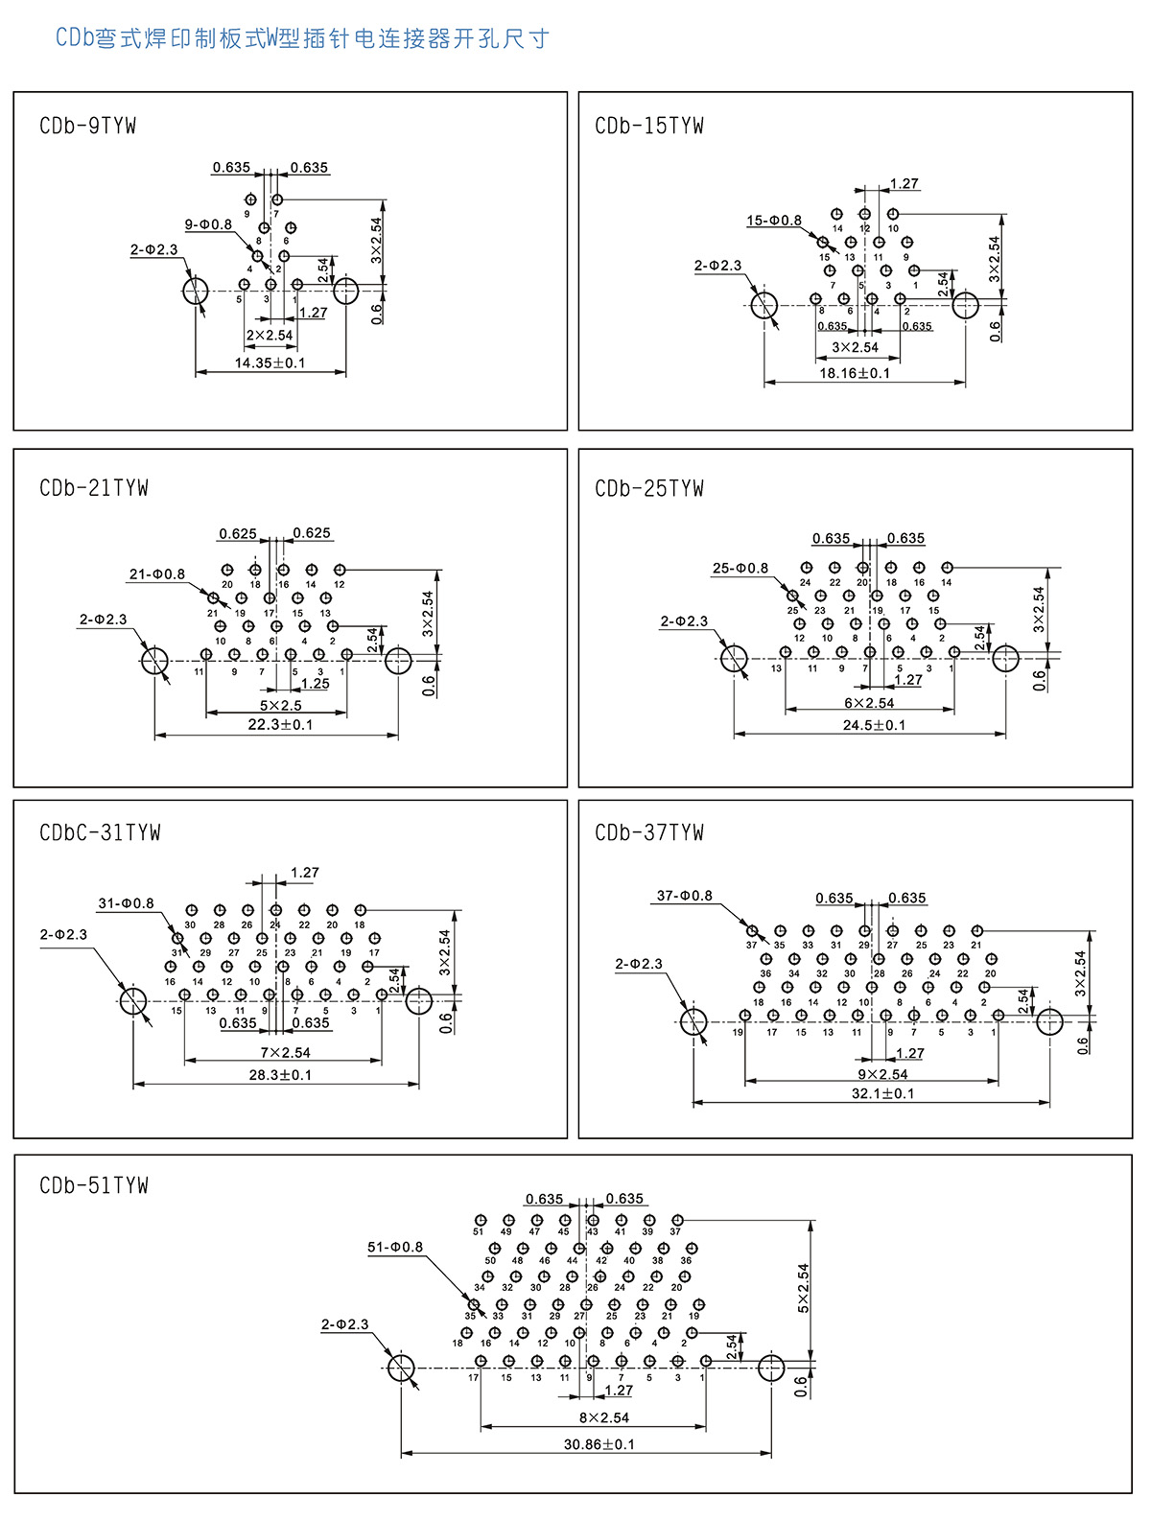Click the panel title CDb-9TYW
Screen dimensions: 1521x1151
pos(88,126)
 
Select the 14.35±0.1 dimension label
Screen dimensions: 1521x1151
pos(270,363)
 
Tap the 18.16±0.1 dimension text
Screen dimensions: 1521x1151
pos(855,373)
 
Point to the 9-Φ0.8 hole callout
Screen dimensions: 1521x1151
pos(208,224)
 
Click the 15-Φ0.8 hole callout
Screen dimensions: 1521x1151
pos(774,221)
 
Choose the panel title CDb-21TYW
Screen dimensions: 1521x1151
pos(94,488)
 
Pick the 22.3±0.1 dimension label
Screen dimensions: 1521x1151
pos(280,724)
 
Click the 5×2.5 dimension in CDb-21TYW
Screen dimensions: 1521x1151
pos(280,705)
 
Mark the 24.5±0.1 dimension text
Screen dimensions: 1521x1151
pos(874,725)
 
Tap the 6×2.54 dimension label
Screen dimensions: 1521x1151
pos(869,703)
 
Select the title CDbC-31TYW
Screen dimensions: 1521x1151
pos(100,832)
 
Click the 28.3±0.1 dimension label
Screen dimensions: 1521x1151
pos(280,1075)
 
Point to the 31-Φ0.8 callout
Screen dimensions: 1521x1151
pos(126,903)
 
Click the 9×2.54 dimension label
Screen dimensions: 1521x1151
pos(882,1074)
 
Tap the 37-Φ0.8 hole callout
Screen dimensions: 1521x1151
pos(684,896)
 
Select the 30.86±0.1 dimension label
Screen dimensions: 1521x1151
pos(599,1444)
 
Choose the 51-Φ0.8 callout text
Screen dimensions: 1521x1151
pos(394,1247)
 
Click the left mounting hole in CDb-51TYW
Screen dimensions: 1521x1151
pos(401,1369)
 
